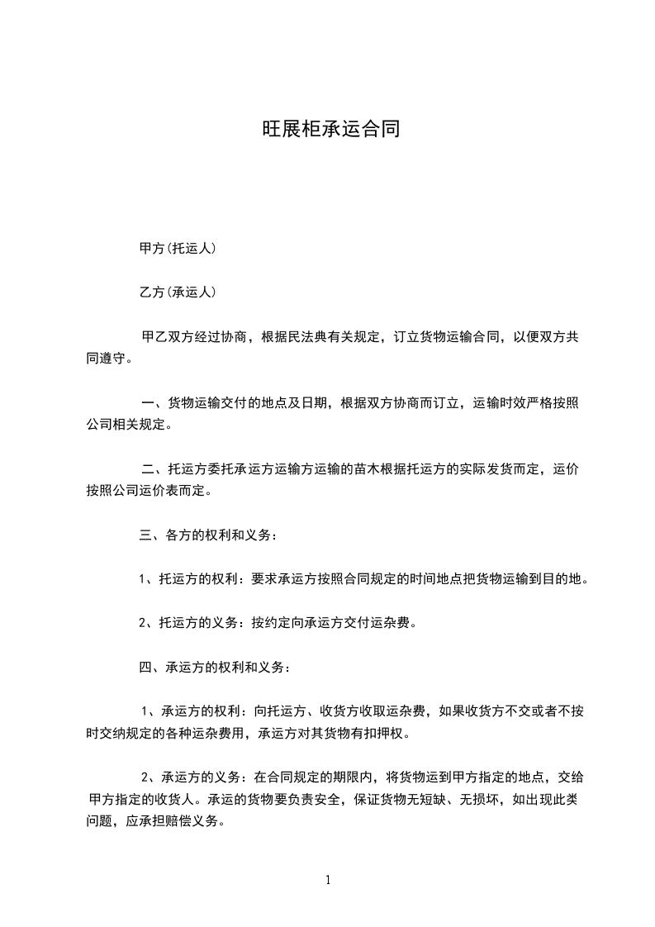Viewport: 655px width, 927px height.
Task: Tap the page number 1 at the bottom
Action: pos(328,880)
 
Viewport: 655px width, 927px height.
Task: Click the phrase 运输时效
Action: pos(497,403)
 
